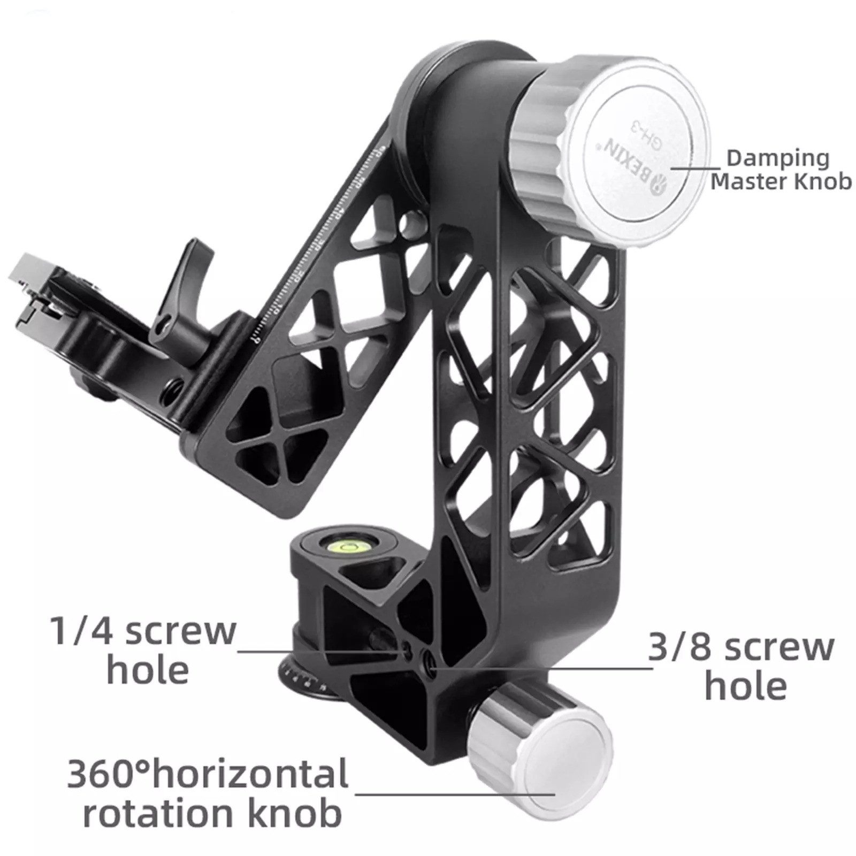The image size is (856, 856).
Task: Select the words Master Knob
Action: pyautogui.click(x=781, y=182)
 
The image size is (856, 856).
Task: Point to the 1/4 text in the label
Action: pyautogui.click(x=80, y=631)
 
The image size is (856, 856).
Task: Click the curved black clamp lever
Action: pyautogui.click(x=177, y=300)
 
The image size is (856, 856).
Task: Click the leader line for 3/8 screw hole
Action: pyautogui.click(x=540, y=668)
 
